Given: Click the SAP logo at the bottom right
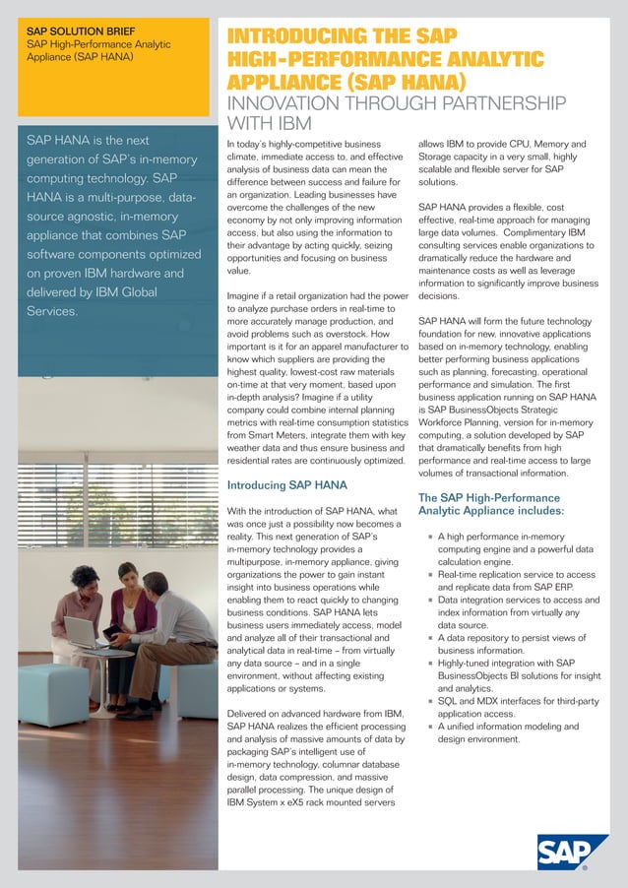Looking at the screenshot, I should click(x=573, y=853).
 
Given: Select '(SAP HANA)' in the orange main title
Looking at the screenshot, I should click(x=410, y=81).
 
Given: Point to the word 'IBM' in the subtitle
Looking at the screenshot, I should click(x=292, y=124).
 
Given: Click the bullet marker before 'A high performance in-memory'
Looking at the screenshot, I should click(x=429, y=537).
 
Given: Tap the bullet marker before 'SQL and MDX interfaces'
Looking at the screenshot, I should click(x=429, y=701).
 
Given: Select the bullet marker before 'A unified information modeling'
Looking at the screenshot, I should click(x=429, y=727).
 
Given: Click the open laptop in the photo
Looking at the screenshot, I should click(x=81, y=630).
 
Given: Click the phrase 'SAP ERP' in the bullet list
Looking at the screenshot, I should click(x=573, y=587).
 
